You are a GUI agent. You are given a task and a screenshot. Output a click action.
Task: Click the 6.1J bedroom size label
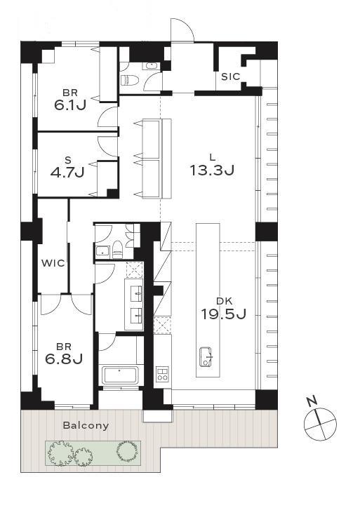(x=70, y=105)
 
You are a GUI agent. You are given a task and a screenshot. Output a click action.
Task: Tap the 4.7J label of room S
(x=67, y=172)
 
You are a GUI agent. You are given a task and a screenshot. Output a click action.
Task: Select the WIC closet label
(x=53, y=263)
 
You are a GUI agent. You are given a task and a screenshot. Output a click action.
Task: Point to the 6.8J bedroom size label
(x=64, y=359)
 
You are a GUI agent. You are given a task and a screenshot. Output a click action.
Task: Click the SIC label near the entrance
(x=230, y=76)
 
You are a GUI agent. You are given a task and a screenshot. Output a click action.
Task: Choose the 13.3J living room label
(x=212, y=170)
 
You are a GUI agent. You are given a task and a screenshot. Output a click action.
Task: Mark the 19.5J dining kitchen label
(x=223, y=314)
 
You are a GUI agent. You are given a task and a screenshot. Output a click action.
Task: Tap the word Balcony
(x=86, y=425)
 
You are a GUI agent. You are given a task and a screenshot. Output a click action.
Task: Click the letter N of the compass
(x=312, y=401)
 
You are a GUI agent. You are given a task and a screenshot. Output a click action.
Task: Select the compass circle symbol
(x=321, y=424)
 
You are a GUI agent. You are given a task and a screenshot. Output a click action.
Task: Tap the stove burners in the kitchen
(x=163, y=373)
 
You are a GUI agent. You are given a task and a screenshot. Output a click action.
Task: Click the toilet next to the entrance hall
(x=126, y=80)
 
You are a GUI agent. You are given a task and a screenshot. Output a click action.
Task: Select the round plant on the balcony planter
(x=127, y=450)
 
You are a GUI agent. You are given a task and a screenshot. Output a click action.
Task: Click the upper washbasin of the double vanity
(x=136, y=293)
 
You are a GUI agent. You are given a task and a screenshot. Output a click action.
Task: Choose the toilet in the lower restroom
(x=117, y=250)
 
